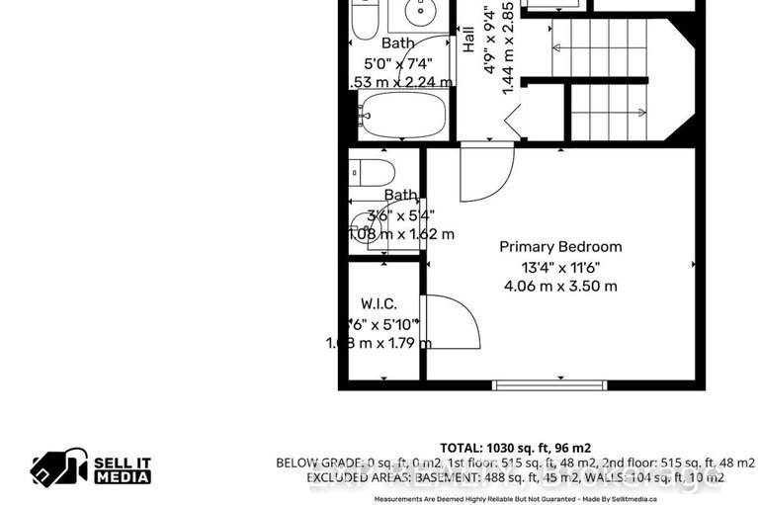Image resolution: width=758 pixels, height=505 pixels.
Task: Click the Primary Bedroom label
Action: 560,247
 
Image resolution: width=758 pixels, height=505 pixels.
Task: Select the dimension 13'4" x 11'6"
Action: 560,267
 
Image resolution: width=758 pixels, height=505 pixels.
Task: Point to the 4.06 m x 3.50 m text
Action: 560,287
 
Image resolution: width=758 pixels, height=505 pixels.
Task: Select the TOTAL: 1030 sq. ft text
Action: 515,447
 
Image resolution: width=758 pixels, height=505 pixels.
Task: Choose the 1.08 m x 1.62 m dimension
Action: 400,235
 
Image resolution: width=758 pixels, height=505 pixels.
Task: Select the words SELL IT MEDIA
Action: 123,469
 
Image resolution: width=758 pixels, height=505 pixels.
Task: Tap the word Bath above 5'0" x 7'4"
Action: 398,43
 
